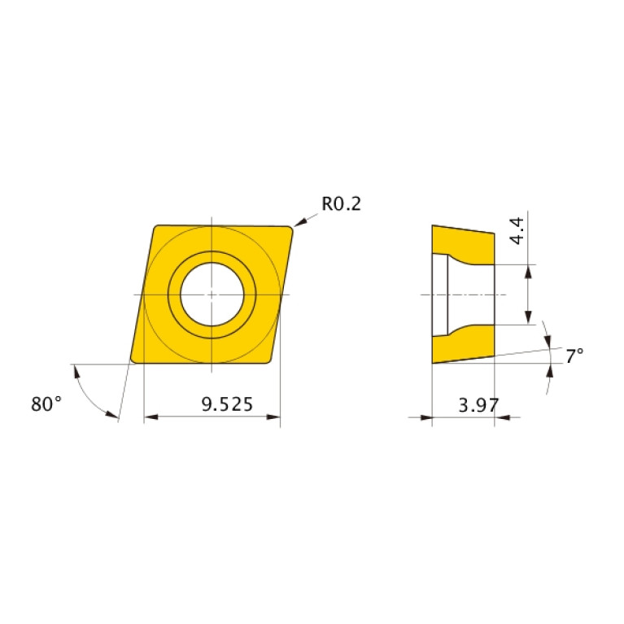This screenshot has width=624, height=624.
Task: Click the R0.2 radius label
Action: [x=341, y=203]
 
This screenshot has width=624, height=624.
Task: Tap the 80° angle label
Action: [x=46, y=403]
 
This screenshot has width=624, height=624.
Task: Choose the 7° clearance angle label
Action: [x=574, y=356]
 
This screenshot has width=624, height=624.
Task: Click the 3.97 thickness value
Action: [x=478, y=404]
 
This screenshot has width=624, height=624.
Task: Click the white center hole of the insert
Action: [x=212, y=294]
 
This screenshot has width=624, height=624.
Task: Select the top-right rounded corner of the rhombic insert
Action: [x=289, y=229]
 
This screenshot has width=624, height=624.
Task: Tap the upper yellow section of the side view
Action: [x=464, y=242]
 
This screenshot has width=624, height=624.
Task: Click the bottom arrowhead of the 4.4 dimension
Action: [x=529, y=318]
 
